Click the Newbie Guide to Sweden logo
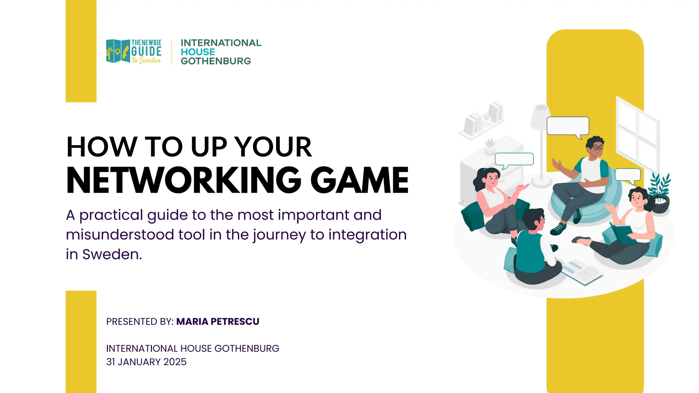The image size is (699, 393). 134,52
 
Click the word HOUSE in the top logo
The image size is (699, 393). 198,52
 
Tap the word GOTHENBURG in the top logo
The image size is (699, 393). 216,61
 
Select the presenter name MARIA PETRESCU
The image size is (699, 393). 217,322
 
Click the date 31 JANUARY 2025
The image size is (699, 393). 146,362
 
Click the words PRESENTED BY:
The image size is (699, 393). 140,322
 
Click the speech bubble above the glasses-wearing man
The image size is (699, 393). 568,126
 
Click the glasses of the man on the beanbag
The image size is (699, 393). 598,148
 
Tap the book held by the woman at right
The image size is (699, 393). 622,233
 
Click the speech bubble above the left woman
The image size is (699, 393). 514,159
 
